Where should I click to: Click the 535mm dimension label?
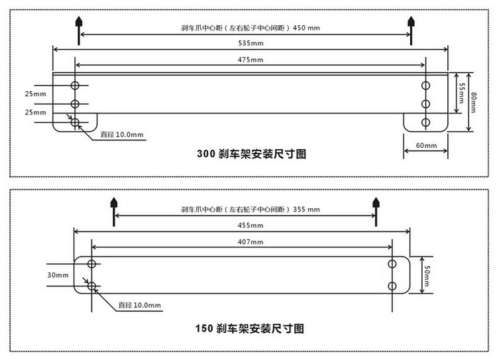(x=250, y=43)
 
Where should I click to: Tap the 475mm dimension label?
(x=250, y=60)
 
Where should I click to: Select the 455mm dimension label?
(x=250, y=225)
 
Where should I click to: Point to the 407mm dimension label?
(x=250, y=242)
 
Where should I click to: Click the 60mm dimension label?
(x=426, y=145)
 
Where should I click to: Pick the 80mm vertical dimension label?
(x=473, y=102)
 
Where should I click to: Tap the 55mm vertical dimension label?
(x=462, y=93)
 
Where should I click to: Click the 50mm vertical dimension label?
(x=427, y=276)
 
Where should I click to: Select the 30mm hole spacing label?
(x=58, y=275)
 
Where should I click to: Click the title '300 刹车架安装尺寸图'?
(x=252, y=154)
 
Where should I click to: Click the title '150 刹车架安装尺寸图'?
(x=250, y=328)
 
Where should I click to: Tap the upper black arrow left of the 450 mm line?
(x=79, y=30)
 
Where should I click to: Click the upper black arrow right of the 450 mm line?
(x=411, y=30)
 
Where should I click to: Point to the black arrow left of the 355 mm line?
(x=114, y=212)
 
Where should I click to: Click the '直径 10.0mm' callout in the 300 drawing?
(x=122, y=135)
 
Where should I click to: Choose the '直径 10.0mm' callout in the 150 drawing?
(x=139, y=305)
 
